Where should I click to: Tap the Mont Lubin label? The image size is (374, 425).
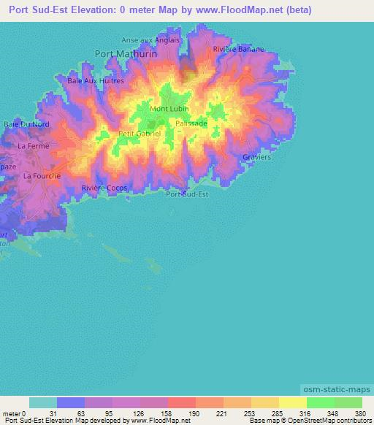(x=169, y=109)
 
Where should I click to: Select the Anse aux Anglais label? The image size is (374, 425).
(x=150, y=40)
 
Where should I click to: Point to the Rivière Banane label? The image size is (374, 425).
(x=238, y=49)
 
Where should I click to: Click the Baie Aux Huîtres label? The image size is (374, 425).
(x=96, y=80)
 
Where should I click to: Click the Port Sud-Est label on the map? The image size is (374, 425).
(x=187, y=194)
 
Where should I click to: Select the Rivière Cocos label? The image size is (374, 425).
(x=104, y=188)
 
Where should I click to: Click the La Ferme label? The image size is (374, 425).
(x=34, y=146)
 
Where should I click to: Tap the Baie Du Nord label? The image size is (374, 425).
(x=26, y=124)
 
